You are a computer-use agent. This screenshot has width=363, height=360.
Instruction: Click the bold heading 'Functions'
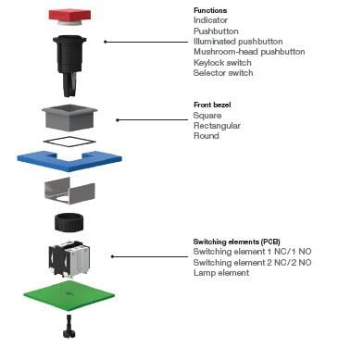[209, 10]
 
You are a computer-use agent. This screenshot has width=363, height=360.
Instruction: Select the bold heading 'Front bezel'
[213, 105]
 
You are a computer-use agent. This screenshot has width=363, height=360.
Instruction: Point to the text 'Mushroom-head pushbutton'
[249, 52]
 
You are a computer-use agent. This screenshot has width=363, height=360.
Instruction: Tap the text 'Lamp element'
[221, 273]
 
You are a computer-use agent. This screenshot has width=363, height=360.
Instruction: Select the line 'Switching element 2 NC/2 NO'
[252, 263]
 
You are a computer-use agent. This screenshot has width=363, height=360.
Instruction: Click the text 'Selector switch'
[223, 73]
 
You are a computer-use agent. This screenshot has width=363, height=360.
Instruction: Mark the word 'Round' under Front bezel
[206, 136]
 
